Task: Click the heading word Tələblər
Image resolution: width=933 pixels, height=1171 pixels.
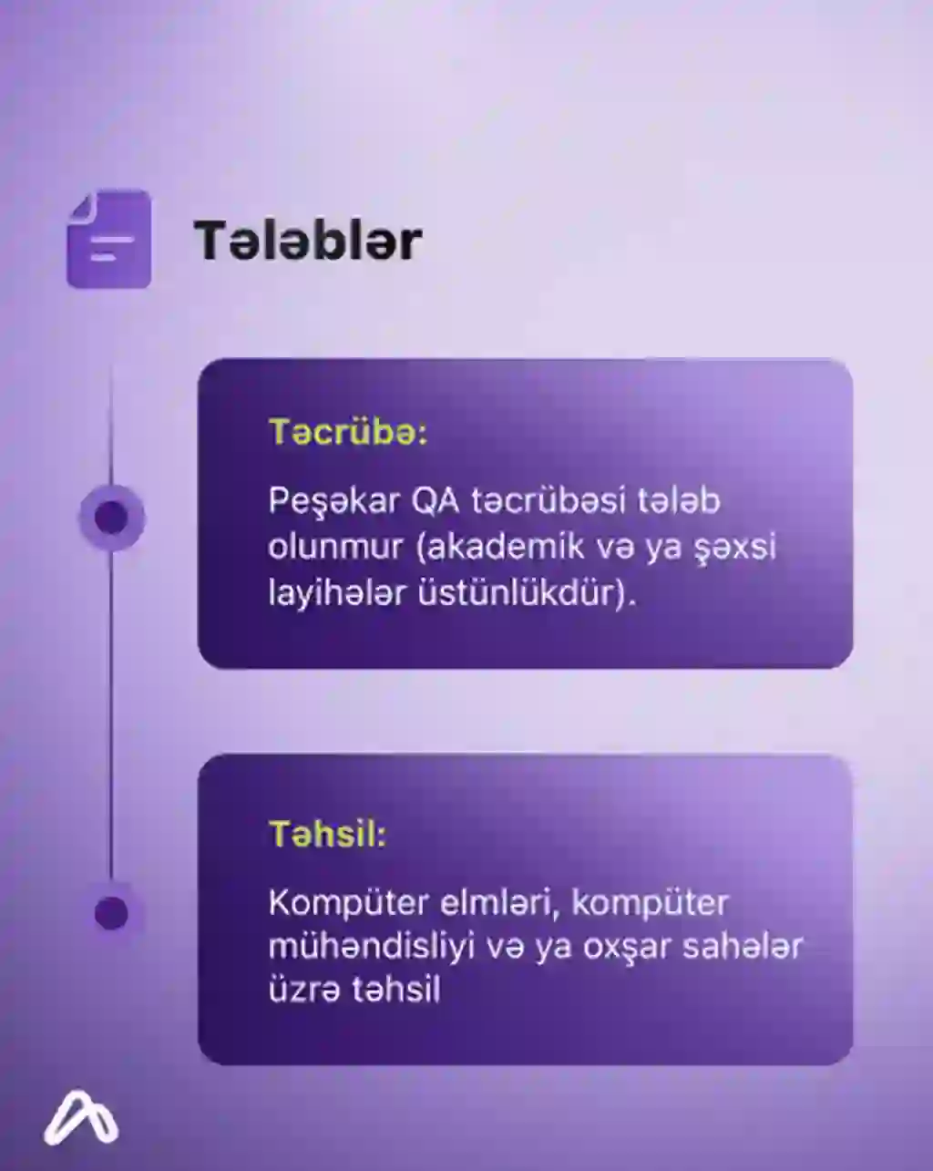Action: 308,240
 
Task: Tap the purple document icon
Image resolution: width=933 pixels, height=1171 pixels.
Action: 108,239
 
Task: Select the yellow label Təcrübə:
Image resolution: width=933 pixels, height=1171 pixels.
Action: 348,433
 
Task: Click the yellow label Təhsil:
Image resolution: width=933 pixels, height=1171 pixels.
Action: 327,834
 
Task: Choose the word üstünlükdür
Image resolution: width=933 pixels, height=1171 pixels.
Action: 519,592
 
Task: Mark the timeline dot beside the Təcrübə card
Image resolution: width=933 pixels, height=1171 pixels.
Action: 111,517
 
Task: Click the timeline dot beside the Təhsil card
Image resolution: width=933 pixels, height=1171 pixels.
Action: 111,914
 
